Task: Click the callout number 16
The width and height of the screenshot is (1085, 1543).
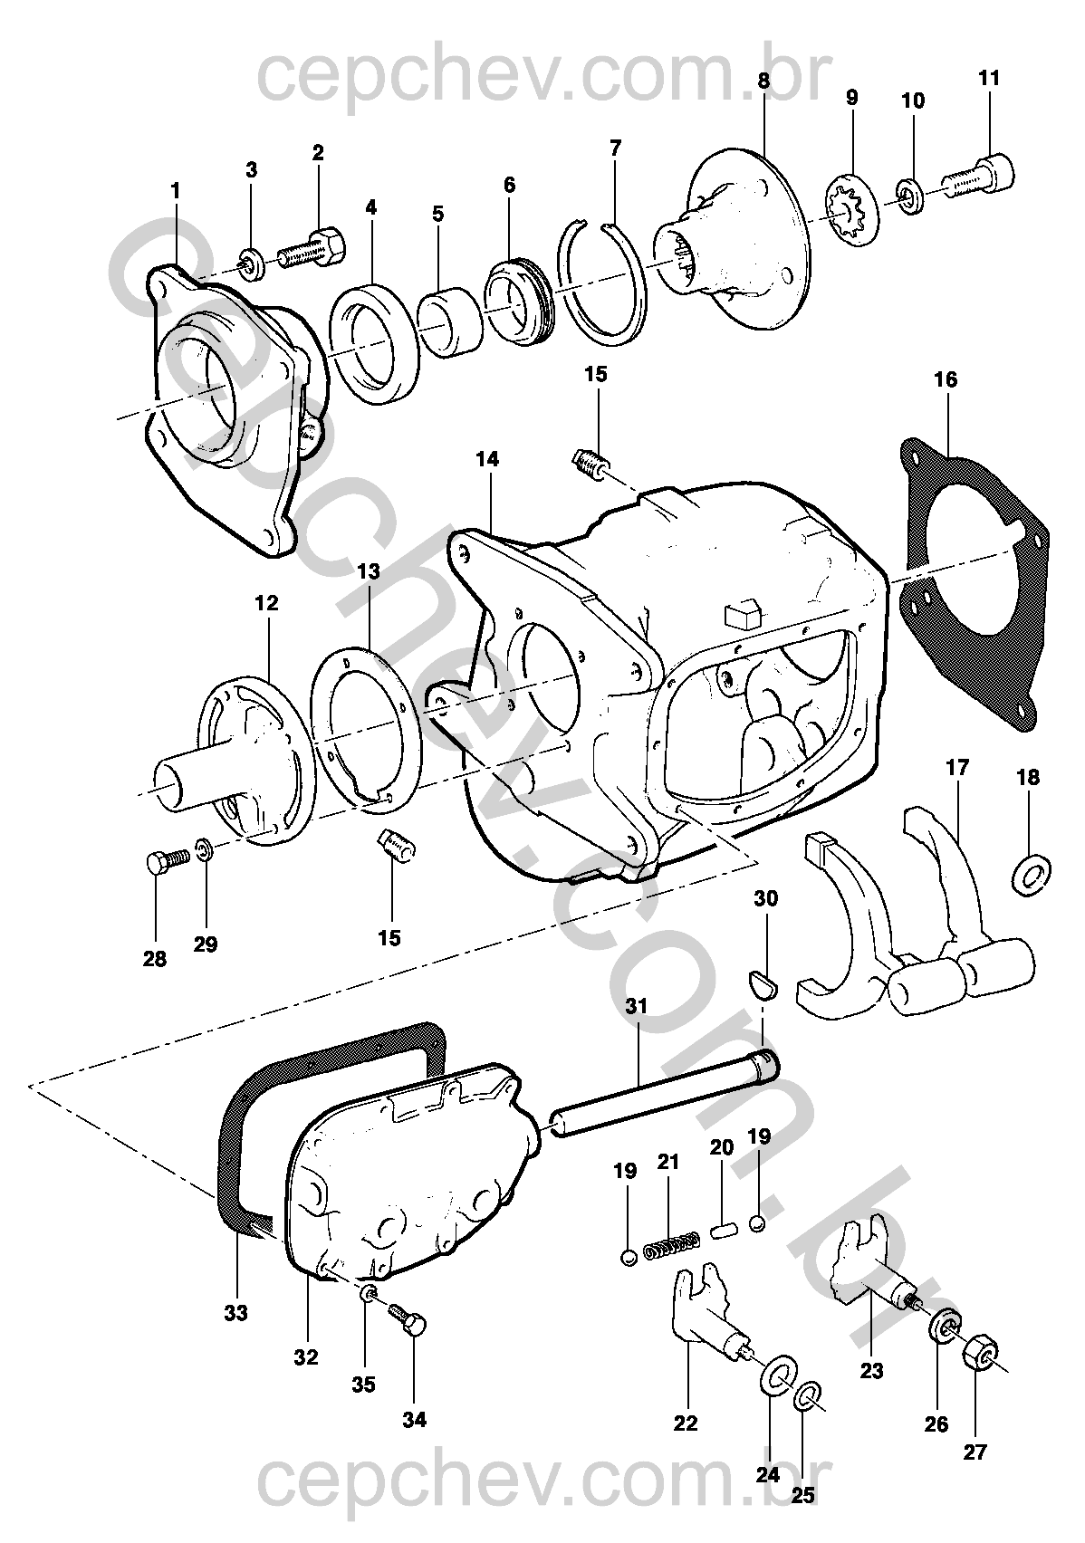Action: tap(945, 379)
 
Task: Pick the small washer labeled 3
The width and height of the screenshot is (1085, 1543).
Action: tap(254, 263)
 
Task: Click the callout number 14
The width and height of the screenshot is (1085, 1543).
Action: tap(487, 459)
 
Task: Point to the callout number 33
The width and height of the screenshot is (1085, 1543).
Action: tap(235, 1312)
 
